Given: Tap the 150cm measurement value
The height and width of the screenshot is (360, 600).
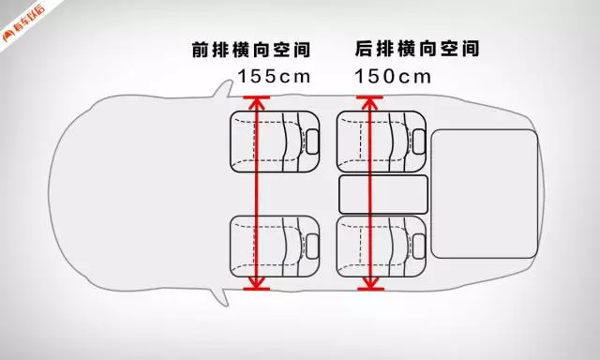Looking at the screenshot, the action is pos(393,75).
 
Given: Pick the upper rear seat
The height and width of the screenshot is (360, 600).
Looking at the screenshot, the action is pos(380,140).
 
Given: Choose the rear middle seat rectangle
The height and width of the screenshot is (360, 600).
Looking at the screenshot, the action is pos(382,193).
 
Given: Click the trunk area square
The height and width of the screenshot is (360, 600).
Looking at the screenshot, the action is pos(484,193).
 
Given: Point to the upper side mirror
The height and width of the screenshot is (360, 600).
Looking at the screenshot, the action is pos(226,90).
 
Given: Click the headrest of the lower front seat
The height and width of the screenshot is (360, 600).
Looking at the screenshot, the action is pos(312,245).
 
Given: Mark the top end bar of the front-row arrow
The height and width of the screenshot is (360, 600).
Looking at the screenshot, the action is pos(255,97).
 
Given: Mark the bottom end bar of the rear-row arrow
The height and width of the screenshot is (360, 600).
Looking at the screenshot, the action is pos(370,289).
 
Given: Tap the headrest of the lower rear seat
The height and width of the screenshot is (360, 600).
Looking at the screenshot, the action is pos(419,245).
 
